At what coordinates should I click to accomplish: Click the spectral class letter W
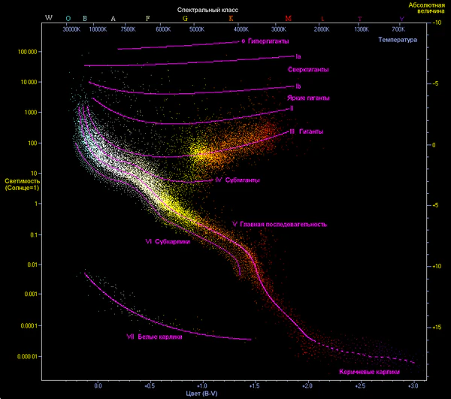click(x=49, y=17)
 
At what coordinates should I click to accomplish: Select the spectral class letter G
click(x=185, y=17)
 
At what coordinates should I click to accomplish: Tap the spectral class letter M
click(x=288, y=17)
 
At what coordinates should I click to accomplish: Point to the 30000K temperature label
click(x=71, y=29)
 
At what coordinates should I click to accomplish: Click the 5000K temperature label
click(x=196, y=29)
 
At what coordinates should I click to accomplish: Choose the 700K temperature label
click(x=398, y=29)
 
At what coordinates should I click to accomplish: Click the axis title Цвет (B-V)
click(x=201, y=393)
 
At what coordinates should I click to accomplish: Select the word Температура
click(x=398, y=39)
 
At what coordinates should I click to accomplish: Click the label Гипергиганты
click(x=268, y=41)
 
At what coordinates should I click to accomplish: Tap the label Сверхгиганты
click(x=309, y=70)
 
